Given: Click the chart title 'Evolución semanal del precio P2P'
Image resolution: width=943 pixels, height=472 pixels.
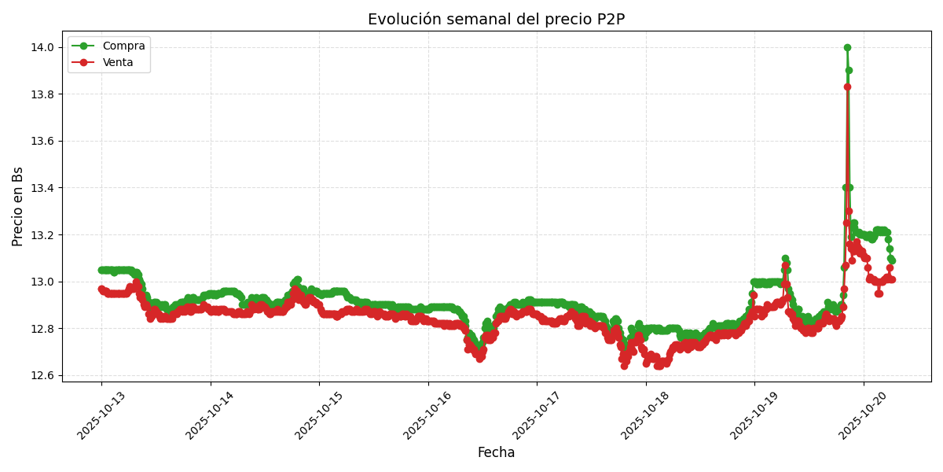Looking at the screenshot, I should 496,20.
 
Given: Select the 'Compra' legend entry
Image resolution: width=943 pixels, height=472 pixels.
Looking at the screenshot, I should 123,46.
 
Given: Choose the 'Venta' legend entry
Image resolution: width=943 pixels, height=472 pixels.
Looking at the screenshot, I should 118,62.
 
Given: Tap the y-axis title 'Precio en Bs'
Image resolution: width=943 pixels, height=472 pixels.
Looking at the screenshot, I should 18,206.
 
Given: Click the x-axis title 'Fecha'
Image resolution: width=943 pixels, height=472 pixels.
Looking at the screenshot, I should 496,452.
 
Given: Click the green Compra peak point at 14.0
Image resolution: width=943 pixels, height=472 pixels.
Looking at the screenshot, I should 847,47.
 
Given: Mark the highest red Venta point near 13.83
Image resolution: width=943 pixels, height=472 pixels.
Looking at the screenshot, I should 847,87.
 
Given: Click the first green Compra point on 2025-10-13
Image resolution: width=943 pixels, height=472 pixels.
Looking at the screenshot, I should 101,270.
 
